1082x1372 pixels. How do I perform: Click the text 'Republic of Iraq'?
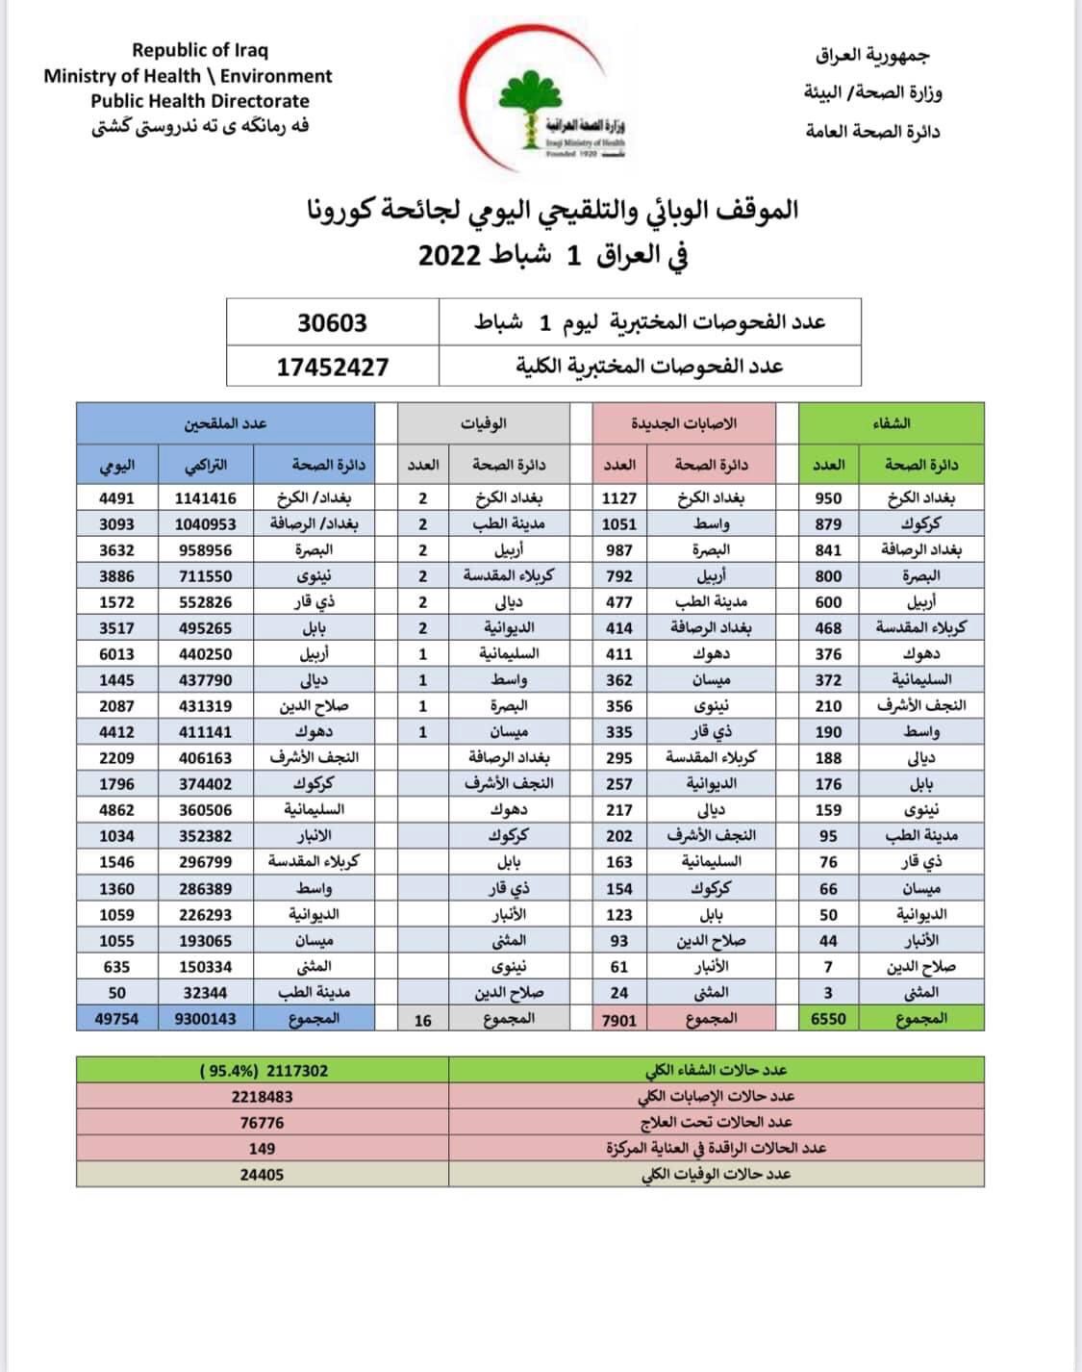[200, 50]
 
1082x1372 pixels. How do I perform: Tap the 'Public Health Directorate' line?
[200, 101]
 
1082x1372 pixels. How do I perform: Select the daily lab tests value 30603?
[332, 323]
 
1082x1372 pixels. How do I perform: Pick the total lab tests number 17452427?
[333, 366]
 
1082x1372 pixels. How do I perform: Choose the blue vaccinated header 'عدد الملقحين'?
[226, 423]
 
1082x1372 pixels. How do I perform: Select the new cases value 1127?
[619, 498]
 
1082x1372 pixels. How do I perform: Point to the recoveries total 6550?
[828, 1018]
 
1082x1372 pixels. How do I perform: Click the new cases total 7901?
[619, 1019]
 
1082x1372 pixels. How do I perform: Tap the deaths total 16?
[423, 1019]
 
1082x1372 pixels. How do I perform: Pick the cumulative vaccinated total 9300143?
[206, 1018]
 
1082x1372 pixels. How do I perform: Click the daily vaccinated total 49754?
[117, 1018]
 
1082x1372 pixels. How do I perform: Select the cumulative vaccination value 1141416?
[206, 498]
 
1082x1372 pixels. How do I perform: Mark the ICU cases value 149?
[262, 1148]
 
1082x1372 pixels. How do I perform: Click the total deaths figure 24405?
[262, 1175]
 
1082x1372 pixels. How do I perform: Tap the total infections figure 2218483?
[262, 1096]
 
